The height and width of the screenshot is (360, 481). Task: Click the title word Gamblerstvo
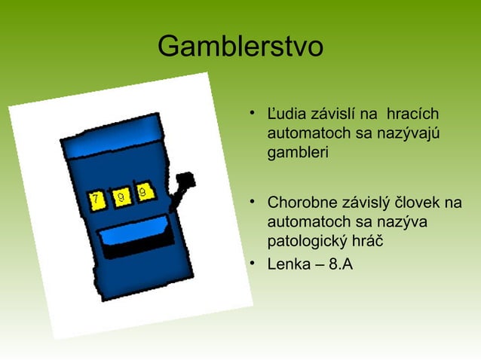tap(240, 47)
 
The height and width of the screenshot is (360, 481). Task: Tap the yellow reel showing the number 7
tap(98, 200)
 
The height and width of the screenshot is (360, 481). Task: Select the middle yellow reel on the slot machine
tap(121, 196)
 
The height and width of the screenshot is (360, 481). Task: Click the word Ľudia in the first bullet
tap(283, 115)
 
